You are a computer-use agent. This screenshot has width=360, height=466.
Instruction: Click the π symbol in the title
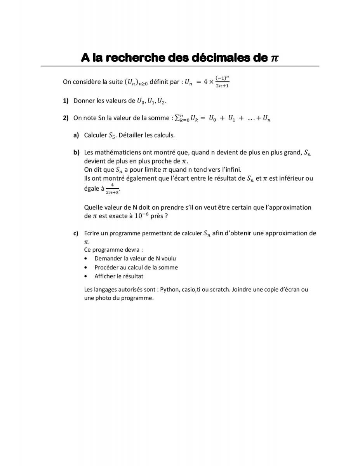[275, 58]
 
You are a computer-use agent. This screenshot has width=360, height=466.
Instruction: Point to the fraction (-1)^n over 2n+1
[222, 82]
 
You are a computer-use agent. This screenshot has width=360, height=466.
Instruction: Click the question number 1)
[66, 101]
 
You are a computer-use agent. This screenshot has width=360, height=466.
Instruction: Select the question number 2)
[66, 118]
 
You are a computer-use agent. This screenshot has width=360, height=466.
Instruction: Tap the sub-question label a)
[76, 135]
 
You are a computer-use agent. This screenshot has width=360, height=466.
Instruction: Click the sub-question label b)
[76, 152]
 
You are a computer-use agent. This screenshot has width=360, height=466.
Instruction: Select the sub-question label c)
[76, 233]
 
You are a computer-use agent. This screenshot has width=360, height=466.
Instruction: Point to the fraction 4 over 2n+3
[112, 189]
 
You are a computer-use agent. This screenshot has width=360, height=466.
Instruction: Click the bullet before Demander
[86, 258]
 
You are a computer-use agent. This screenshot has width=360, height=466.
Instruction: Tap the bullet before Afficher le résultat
[86, 276]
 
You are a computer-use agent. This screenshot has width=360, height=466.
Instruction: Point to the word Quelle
[93, 207]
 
